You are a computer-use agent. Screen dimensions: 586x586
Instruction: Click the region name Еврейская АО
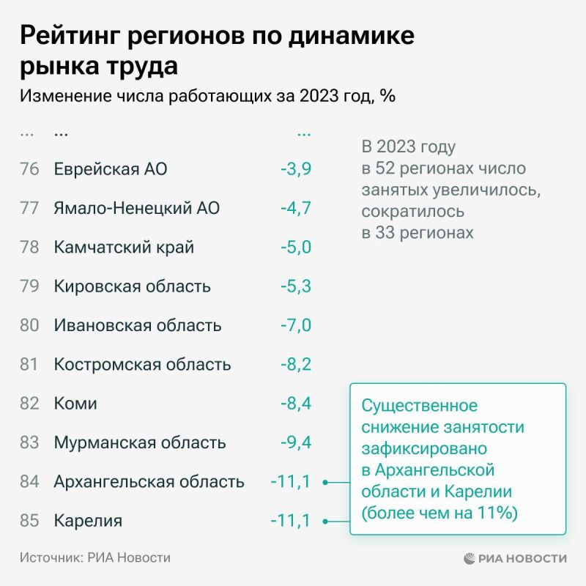pos(111,169)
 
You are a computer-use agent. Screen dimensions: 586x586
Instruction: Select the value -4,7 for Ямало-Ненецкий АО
pos(296,208)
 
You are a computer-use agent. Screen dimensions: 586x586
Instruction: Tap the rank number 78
pos(29,247)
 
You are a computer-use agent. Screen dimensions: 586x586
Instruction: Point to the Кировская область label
pos(132,286)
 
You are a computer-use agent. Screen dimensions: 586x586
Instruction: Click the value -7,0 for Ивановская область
pos(296,325)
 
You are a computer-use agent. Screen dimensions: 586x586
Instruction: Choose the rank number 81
pos(29,364)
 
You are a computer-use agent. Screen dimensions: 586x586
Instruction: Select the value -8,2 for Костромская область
pos(296,364)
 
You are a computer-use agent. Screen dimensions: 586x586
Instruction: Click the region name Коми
pos(75,404)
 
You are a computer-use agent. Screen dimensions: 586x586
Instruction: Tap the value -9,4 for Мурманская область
pos(296,442)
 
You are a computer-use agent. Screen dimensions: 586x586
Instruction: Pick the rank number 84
pos(29,482)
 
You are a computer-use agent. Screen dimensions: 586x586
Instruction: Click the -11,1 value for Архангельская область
pos(291,482)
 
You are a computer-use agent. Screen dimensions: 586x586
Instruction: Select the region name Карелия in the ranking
pos(88,521)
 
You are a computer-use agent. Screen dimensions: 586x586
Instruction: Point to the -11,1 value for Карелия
pos(291,521)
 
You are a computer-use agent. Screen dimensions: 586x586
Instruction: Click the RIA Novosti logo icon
pos(470,558)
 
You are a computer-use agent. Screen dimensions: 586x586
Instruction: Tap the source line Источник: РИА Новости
pos(95,558)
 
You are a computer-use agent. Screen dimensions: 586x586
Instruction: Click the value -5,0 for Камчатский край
pos(296,247)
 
